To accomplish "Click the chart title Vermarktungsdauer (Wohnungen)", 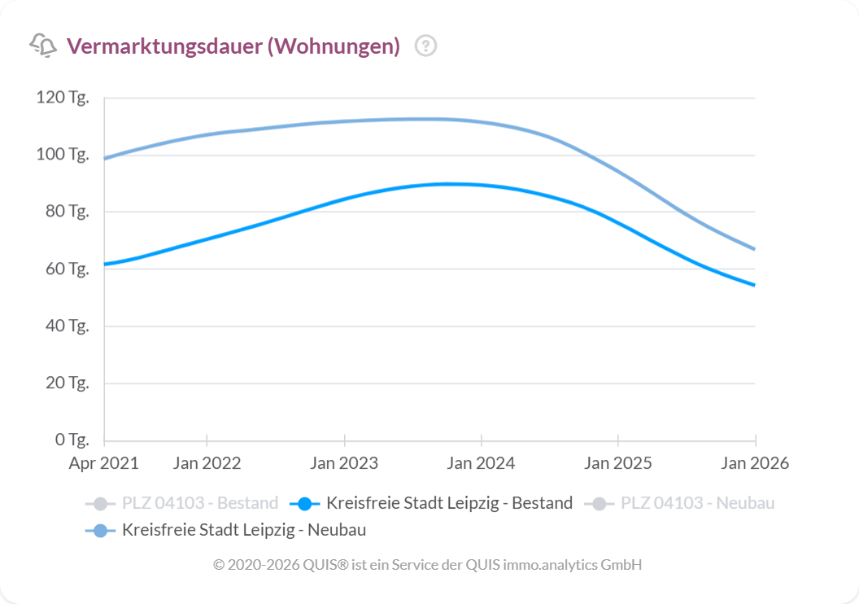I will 233,46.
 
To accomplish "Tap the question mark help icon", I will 425,46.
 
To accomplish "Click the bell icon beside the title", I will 43,46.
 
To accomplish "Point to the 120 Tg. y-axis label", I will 62,98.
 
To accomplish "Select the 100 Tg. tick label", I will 62,155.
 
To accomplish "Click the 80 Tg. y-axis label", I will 65,212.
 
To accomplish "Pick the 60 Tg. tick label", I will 65,269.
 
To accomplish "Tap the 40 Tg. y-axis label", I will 65,326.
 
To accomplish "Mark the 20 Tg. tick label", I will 65,383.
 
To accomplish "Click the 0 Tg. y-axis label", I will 71,440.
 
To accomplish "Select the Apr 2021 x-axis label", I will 104,463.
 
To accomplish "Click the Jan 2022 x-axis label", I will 207,463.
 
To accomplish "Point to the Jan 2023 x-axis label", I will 344,463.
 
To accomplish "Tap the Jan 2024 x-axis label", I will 481,463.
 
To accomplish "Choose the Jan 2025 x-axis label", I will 618,463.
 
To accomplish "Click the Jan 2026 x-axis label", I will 756,463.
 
